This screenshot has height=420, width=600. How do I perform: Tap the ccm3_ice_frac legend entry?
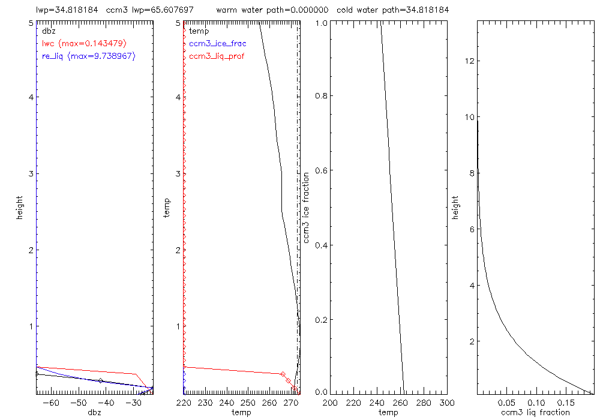tap(217, 43)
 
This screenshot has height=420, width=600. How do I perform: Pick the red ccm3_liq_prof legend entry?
tap(217, 56)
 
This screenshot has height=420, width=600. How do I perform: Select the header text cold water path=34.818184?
tap(393, 10)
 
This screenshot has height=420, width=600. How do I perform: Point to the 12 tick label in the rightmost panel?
tap(470, 61)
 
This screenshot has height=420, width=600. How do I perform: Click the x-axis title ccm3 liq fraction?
tap(535, 412)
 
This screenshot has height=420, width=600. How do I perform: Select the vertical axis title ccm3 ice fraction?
tap(307, 207)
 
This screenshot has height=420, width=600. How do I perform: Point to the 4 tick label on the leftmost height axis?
tap(30, 98)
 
